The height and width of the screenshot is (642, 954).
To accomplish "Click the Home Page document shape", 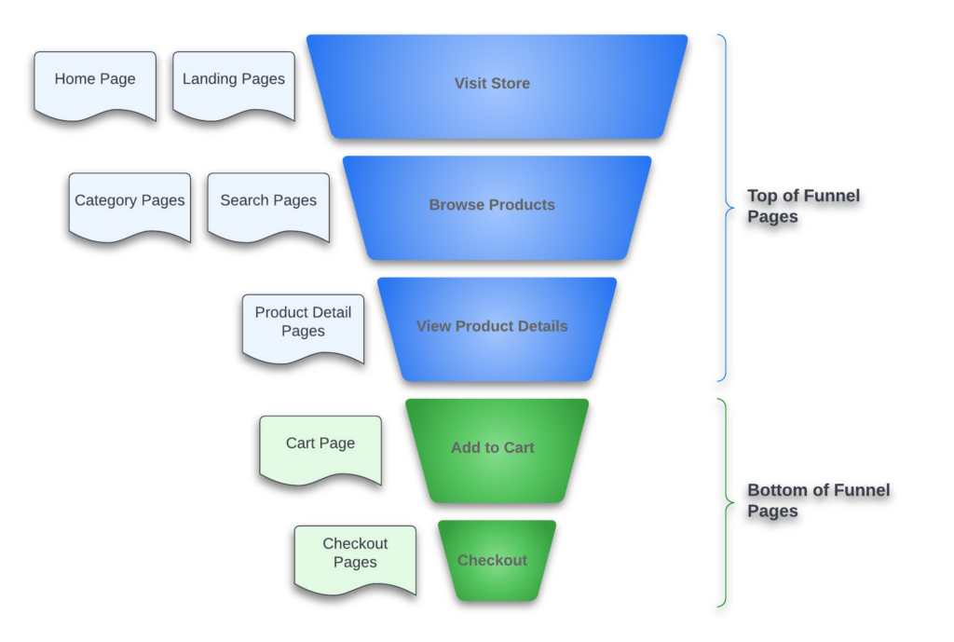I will point(95,84).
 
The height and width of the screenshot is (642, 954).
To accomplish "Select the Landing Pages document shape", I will point(234,84).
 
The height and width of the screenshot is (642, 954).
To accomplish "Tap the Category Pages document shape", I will point(129,205).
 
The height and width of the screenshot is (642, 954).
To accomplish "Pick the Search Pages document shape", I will point(268,205).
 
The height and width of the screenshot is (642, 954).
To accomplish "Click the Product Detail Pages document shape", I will point(303,326).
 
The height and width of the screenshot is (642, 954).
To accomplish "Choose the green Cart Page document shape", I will point(320,448).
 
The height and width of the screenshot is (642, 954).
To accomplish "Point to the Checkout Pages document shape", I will point(355,557).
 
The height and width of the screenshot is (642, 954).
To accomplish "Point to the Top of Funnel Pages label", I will point(803,206).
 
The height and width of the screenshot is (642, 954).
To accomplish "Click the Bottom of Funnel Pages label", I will point(818,500).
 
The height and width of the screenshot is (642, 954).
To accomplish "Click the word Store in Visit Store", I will point(511,83).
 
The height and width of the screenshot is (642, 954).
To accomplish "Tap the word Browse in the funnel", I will point(456,205).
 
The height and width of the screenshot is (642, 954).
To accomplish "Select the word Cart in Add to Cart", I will point(518,447).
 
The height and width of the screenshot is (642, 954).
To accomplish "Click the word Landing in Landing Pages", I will point(210,79).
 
